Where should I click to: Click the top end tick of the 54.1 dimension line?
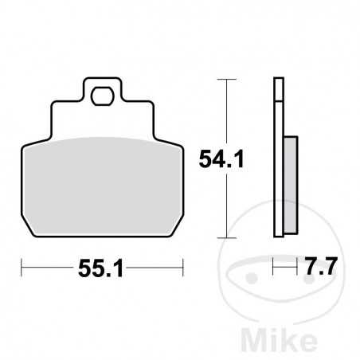[x=229, y=80]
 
